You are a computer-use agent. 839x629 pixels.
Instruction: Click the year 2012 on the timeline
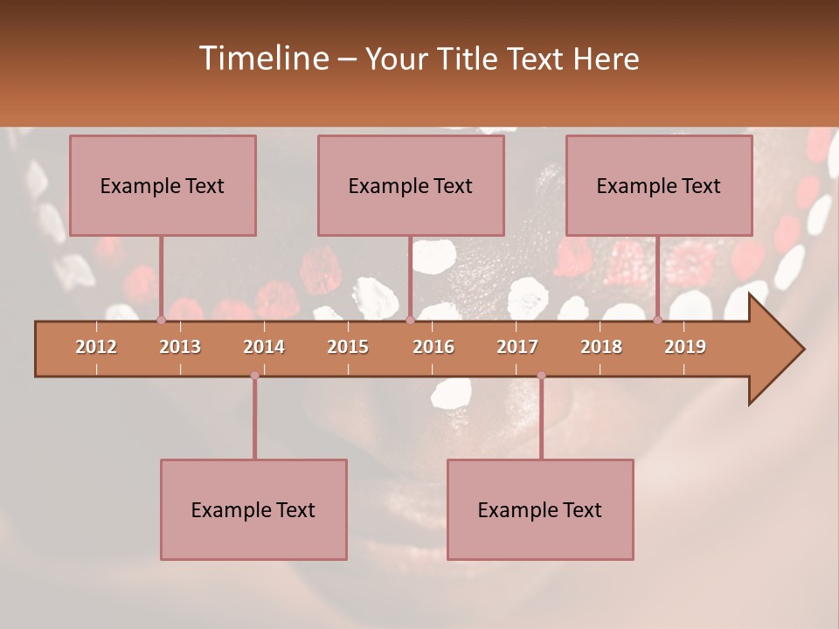[x=96, y=347]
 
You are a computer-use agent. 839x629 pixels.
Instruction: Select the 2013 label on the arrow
[x=180, y=347]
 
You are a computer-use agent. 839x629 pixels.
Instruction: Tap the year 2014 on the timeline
[x=264, y=347]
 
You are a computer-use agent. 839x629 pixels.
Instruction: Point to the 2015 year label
[x=348, y=347]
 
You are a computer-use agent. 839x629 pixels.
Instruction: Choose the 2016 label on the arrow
[x=433, y=347]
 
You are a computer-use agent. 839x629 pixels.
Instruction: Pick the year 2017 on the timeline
[x=517, y=347]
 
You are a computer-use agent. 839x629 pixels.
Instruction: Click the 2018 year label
[x=601, y=347]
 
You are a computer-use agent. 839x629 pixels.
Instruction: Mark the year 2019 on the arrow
[x=685, y=347]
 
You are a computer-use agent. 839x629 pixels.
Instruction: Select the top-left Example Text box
[x=163, y=186]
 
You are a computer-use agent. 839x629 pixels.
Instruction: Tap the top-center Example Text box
[x=411, y=186]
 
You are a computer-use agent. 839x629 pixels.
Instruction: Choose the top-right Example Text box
[x=659, y=186]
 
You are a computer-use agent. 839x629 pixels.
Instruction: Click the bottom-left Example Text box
[x=253, y=510]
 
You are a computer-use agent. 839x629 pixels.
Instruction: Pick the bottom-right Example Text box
[x=540, y=510]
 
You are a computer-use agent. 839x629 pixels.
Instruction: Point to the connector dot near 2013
[x=161, y=321]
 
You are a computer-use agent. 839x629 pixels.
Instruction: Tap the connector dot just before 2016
[x=410, y=321]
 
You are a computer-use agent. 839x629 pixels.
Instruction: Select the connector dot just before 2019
[x=657, y=321]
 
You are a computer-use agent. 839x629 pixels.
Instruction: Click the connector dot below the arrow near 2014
[x=254, y=376]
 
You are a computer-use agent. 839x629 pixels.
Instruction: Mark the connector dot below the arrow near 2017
[x=541, y=376]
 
